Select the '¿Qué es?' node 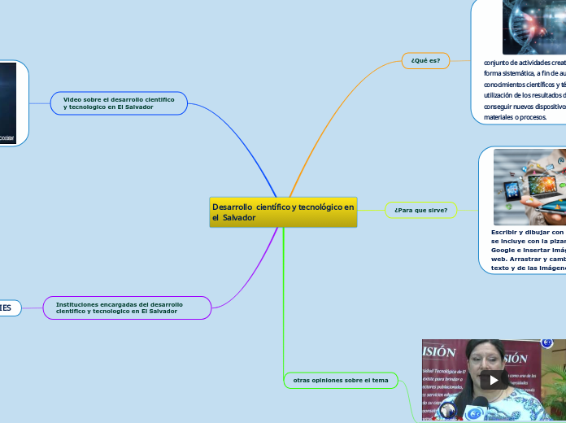(x=425, y=61)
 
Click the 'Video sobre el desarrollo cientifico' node (x=119, y=103)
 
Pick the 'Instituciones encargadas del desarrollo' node (x=129, y=307)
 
